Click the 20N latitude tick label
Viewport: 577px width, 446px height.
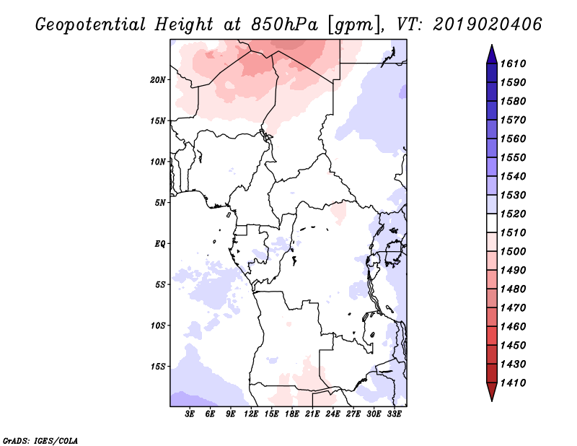(158, 79)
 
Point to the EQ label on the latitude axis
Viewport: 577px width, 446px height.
(160, 243)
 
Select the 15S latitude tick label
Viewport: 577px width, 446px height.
(158, 367)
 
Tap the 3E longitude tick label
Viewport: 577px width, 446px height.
(190, 414)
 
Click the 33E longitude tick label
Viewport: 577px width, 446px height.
(394, 414)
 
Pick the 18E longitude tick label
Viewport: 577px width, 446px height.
(292, 414)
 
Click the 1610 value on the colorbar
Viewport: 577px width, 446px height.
(514, 64)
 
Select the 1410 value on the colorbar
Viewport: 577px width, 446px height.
(514, 383)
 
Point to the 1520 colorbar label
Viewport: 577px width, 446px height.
(514, 214)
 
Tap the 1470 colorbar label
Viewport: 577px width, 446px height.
(514, 308)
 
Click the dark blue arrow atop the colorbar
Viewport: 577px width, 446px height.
(492, 54)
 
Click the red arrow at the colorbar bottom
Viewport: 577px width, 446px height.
(492, 392)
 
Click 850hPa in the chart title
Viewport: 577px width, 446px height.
(284, 25)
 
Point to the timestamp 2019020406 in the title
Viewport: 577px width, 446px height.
(488, 25)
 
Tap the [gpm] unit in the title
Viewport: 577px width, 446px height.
(354, 25)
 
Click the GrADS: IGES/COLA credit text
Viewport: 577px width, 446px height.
(40, 441)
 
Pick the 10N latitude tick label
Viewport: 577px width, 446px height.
(158, 162)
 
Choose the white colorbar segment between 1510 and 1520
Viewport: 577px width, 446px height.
(492, 223)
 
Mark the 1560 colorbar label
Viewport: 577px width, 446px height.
(514, 139)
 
